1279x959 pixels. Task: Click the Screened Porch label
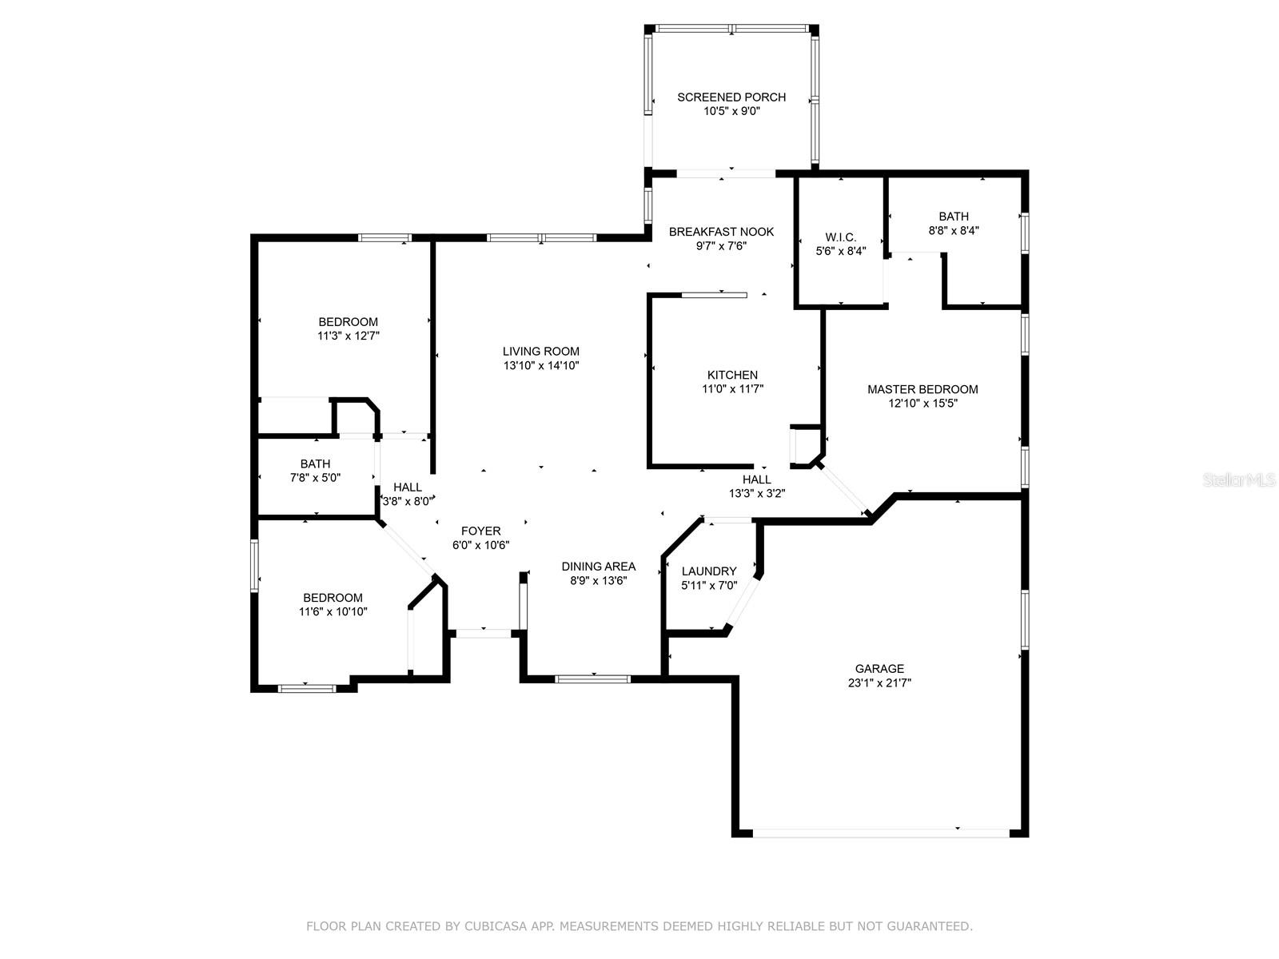pos(731,97)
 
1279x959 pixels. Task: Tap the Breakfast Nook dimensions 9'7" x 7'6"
pos(721,246)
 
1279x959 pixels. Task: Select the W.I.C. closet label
pos(840,237)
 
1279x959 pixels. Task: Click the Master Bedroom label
pos(922,389)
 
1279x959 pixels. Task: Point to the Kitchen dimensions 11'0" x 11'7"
pos(732,389)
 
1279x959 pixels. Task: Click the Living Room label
pos(541,351)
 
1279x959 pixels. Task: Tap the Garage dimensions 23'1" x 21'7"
pos(879,683)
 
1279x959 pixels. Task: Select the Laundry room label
pos(709,571)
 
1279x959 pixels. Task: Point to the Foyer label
pos(480,531)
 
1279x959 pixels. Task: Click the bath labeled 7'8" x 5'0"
pos(315,464)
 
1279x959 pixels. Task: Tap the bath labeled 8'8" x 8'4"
pos(954,217)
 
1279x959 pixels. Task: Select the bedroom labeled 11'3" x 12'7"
pos(348,322)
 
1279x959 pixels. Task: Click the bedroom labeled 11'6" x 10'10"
pos(333,598)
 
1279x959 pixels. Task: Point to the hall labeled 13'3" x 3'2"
pos(756,479)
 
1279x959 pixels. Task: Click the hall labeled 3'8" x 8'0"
pos(407,487)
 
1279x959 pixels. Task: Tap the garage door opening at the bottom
pos(879,832)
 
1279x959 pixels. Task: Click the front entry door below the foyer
pos(483,633)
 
